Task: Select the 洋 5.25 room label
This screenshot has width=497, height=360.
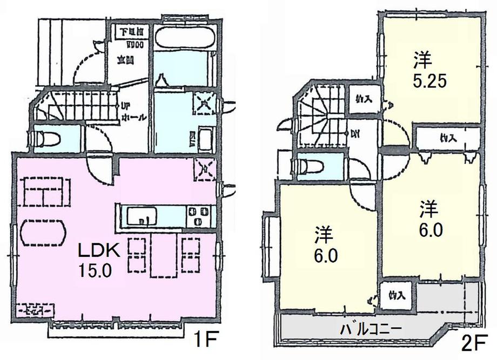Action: [x=424, y=70]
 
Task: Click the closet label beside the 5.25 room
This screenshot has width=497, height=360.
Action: [x=363, y=100]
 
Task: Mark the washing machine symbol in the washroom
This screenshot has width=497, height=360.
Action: [x=204, y=103]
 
